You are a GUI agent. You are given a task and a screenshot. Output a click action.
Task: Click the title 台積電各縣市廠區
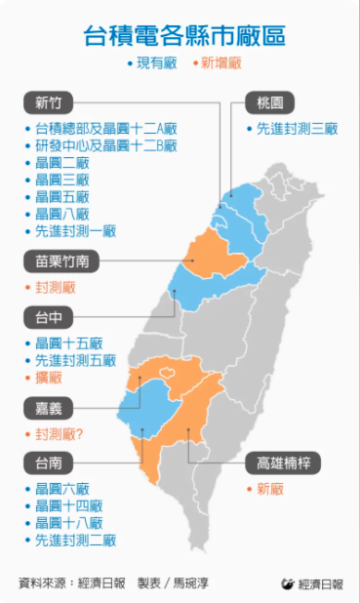point(180,36)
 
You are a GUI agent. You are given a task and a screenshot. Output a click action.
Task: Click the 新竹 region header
point(48,103)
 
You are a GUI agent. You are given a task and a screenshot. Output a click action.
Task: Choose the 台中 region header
point(48,316)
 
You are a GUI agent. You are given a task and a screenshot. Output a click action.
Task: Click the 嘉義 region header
point(48,407)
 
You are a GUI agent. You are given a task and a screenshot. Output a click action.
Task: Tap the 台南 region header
point(48,461)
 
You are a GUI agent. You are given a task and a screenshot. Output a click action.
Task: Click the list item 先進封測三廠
point(296,129)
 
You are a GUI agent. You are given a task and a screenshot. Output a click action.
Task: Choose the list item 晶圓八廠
point(61,214)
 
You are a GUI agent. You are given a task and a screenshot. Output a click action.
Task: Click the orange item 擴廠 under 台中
point(48,377)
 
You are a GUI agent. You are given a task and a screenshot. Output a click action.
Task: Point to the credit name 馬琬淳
point(187,583)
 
